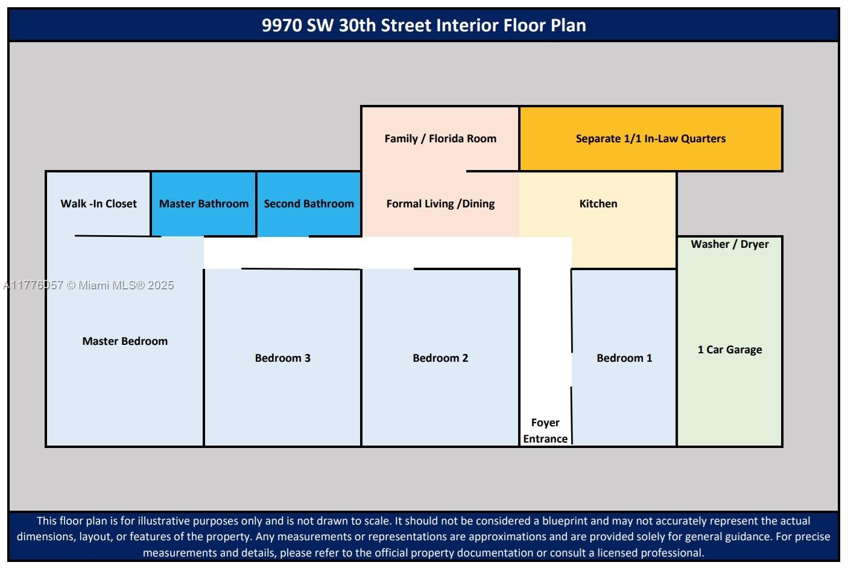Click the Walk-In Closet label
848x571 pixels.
(x=98, y=204)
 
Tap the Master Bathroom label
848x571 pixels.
(x=204, y=204)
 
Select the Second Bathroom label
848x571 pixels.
(x=309, y=204)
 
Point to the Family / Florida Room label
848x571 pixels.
(x=440, y=139)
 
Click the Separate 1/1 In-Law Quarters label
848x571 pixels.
(x=651, y=139)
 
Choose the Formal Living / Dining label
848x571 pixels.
(x=440, y=204)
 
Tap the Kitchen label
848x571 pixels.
(x=598, y=204)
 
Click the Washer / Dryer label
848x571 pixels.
(x=730, y=244)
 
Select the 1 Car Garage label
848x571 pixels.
(x=730, y=350)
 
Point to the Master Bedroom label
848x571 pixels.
(x=125, y=341)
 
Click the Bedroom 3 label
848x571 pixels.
(x=282, y=358)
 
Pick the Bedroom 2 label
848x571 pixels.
(x=440, y=358)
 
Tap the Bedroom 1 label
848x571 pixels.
(x=624, y=358)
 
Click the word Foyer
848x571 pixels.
(x=545, y=423)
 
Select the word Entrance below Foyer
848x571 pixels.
(x=545, y=439)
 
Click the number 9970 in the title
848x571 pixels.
(x=282, y=25)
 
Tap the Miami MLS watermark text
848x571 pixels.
(x=88, y=285)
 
